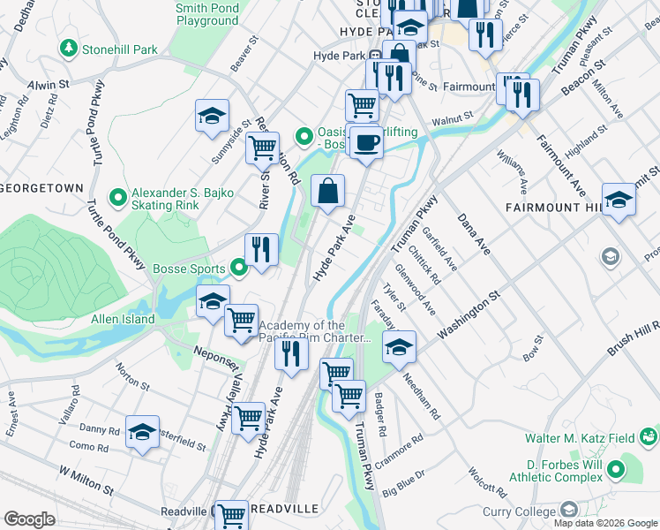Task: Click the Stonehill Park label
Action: (119, 49)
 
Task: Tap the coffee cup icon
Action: (366, 141)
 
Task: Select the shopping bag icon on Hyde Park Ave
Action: (327, 191)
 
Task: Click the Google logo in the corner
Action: (29, 519)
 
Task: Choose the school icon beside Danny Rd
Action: (142, 433)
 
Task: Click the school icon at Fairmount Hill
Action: (619, 201)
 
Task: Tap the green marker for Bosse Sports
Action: (238, 266)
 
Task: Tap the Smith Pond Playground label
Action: (206, 13)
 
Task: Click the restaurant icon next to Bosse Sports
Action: (260, 249)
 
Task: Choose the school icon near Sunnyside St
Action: (212, 116)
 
